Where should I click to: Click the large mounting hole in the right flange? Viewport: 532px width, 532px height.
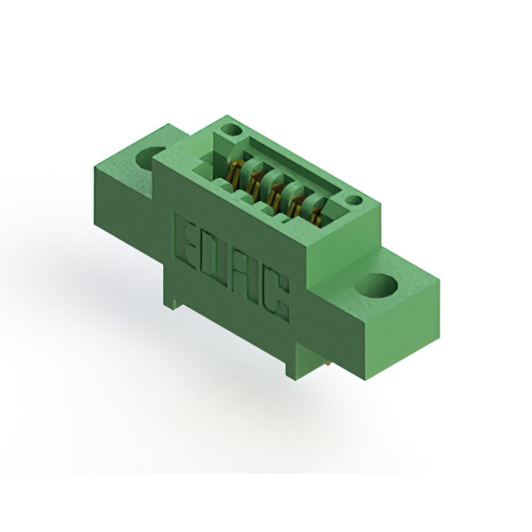377,286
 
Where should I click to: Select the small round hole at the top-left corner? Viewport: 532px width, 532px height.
232,131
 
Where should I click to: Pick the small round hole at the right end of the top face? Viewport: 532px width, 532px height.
354,200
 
